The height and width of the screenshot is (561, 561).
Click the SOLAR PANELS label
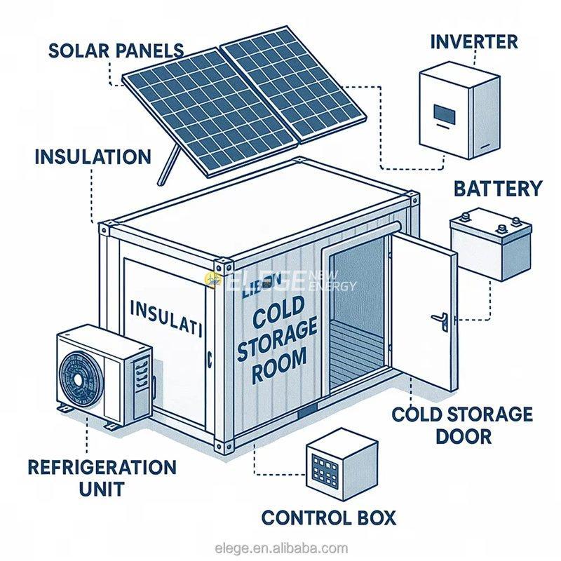pos(116,51)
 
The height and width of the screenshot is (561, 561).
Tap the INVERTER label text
pos(473,41)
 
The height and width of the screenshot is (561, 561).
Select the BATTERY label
pos(497,189)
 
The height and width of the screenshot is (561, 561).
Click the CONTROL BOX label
pos(328,518)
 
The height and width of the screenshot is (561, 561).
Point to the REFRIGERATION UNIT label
pos(101,477)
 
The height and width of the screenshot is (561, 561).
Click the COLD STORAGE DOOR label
pos(461,424)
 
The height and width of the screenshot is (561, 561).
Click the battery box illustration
pos(484,243)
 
